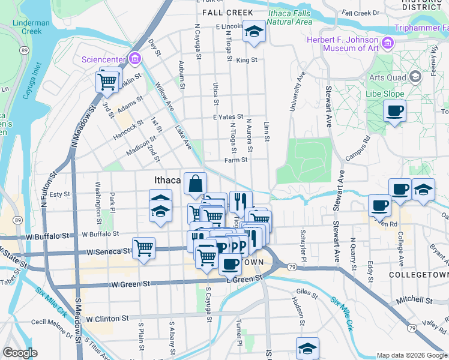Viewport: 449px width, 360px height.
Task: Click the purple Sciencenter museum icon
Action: tap(135, 59)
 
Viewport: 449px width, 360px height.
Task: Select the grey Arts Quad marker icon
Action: tap(415, 76)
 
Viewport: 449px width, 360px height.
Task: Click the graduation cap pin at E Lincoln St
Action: tap(254, 31)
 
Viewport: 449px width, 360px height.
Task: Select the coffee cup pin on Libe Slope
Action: tap(394, 111)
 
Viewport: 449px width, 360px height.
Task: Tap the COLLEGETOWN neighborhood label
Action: tap(415, 274)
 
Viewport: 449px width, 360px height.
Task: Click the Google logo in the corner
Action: tap(21, 352)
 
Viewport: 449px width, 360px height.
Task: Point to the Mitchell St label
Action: tap(413, 299)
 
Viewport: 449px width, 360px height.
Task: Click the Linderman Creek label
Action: tap(31, 26)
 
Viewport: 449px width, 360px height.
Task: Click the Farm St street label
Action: tap(236, 160)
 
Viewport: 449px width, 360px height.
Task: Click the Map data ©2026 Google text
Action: tap(411, 355)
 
